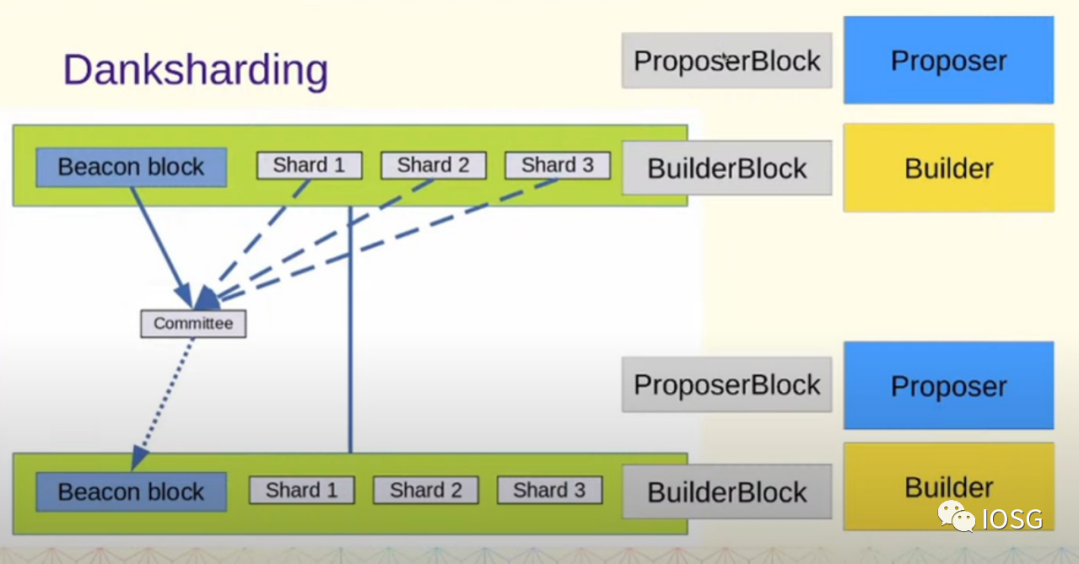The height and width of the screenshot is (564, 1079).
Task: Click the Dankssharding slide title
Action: (x=195, y=70)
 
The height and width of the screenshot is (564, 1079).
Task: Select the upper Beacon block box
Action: (x=131, y=167)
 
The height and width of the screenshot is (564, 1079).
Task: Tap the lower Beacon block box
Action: (x=131, y=491)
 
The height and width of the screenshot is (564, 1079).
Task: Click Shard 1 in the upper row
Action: (x=309, y=165)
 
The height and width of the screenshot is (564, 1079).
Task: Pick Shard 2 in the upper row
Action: (x=433, y=165)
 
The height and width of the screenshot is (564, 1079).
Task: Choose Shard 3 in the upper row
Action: (x=556, y=165)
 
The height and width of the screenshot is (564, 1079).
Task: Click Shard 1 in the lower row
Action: (x=302, y=489)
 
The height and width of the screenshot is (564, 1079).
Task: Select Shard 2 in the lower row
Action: (x=426, y=489)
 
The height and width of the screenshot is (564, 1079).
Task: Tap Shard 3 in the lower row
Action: (x=548, y=489)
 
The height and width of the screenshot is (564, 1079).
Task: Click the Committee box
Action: (x=193, y=323)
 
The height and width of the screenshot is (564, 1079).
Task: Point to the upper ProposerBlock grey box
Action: (x=726, y=60)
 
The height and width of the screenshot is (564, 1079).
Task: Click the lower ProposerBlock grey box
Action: (x=726, y=384)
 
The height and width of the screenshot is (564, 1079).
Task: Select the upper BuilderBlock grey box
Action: (x=726, y=168)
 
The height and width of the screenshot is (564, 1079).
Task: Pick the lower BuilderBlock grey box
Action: (x=726, y=491)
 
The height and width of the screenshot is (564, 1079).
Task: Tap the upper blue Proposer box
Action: (x=948, y=60)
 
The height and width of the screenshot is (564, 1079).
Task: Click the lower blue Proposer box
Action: (x=948, y=385)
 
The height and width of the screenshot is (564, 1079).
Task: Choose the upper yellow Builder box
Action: (x=948, y=168)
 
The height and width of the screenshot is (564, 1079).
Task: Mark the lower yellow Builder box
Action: (x=948, y=487)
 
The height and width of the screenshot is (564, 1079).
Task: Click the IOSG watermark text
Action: (x=1011, y=518)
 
